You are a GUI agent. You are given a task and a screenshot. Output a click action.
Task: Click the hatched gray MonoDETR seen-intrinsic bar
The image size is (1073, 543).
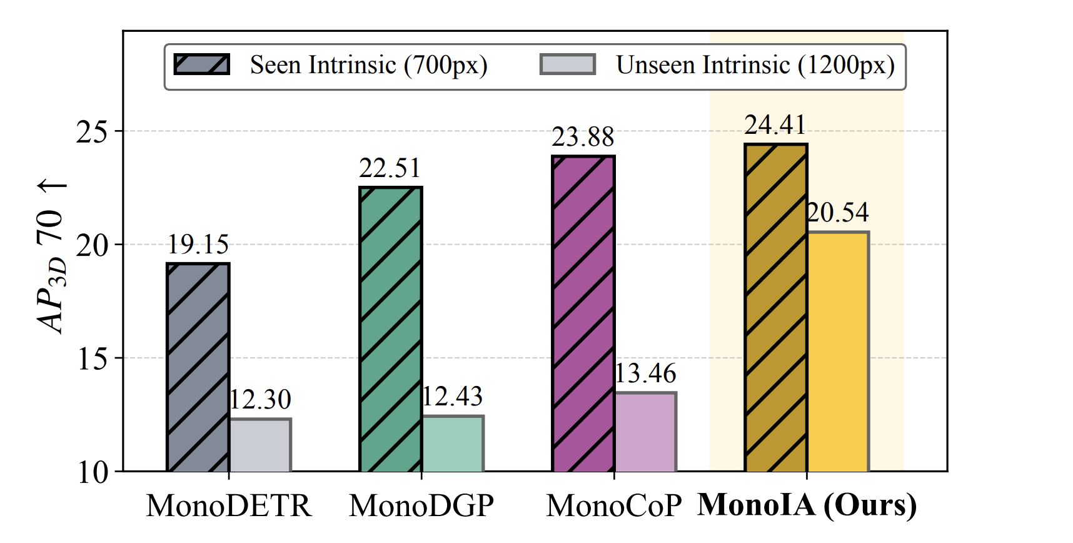coord(198,367)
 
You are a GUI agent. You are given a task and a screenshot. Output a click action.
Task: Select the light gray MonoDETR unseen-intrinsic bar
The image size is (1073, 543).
coord(259,445)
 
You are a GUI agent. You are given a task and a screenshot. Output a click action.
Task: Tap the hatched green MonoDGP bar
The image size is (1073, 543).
coord(390,329)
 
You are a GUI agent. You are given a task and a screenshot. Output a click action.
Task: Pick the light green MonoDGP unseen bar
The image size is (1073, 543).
coord(452,444)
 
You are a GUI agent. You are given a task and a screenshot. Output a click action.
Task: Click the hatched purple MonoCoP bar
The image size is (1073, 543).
coord(583,313)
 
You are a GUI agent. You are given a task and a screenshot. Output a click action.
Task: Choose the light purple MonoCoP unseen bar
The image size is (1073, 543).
coord(645,432)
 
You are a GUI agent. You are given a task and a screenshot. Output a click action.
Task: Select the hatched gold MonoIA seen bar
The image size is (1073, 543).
coord(775,307)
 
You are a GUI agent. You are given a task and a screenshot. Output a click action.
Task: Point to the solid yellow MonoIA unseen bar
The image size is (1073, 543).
coord(837,352)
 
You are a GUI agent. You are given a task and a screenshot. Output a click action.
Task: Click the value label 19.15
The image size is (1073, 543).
coord(198,245)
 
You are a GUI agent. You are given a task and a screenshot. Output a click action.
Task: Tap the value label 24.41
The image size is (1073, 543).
coord(775,125)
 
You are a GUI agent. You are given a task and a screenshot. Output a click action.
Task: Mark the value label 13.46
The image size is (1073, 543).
coord(645,374)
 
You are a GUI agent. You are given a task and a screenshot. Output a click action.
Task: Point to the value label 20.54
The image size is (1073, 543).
coord(838,213)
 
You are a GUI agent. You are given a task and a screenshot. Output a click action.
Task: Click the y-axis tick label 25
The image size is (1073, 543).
coord(91,132)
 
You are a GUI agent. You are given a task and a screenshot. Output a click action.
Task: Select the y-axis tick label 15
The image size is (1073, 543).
coord(91,359)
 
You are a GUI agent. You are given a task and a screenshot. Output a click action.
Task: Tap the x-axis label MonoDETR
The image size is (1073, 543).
coord(229,505)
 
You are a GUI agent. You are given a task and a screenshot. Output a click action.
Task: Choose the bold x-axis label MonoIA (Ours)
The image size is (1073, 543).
coord(807,505)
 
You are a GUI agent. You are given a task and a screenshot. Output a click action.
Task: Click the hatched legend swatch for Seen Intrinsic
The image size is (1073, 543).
coord(201,64)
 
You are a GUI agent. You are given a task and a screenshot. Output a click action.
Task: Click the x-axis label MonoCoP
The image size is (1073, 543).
coord(613,505)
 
